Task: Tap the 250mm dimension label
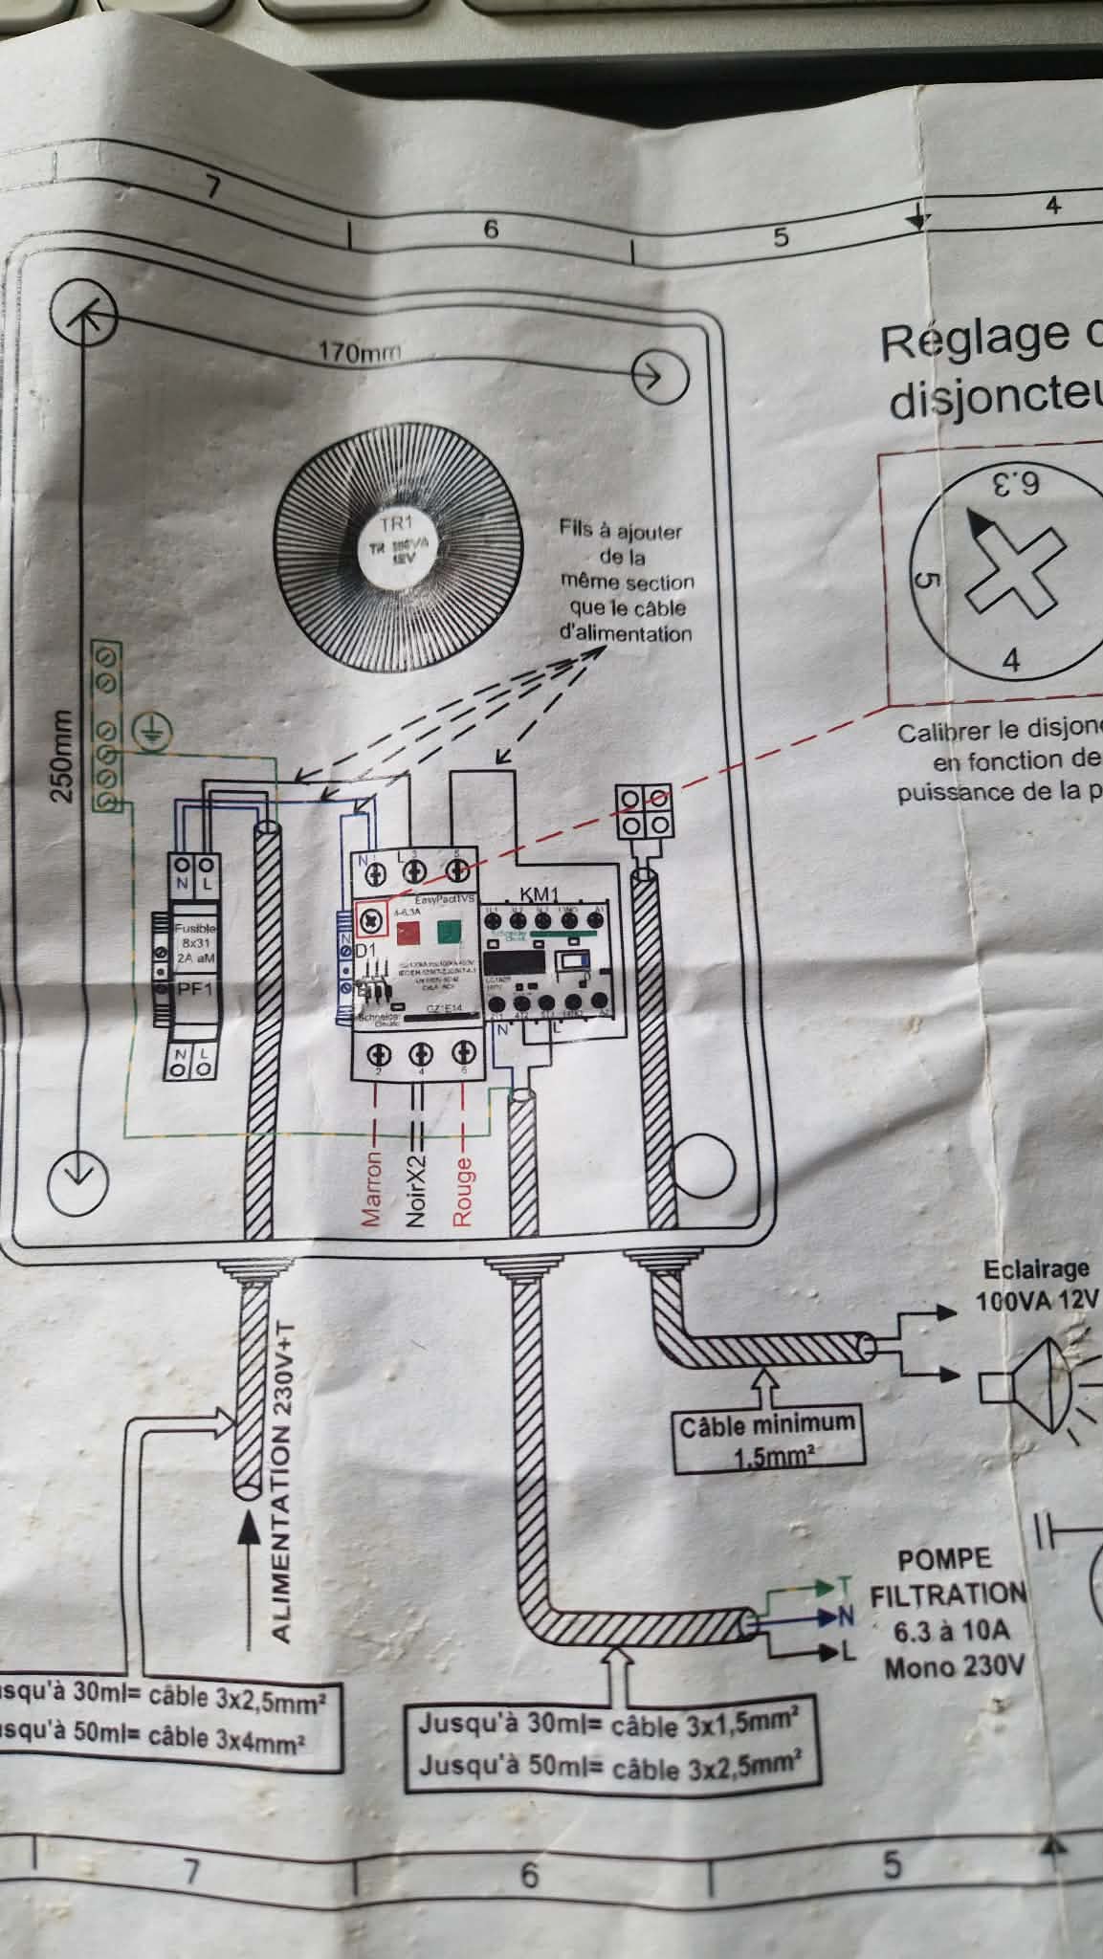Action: coord(62,755)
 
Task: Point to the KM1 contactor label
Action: coord(540,894)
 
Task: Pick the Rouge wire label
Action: coord(463,1191)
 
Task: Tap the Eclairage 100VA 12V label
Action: coord(1036,1285)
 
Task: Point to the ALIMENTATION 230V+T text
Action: coord(282,1483)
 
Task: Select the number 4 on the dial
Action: coord(1010,659)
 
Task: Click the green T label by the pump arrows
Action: coord(844,1585)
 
